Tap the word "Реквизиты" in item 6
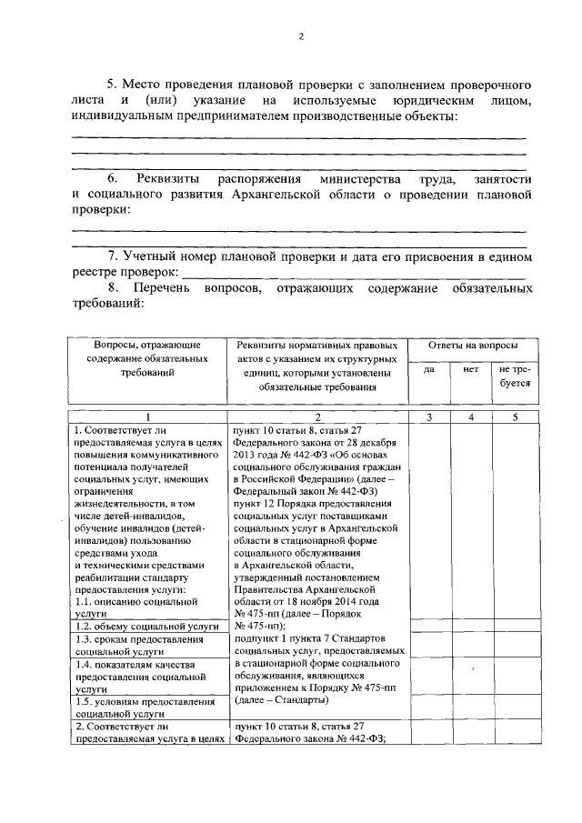(x=169, y=177)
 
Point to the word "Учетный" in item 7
(x=156, y=256)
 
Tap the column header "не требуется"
(x=510, y=376)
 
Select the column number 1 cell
(x=148, y=417)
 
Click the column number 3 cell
(x=428, y=417)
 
